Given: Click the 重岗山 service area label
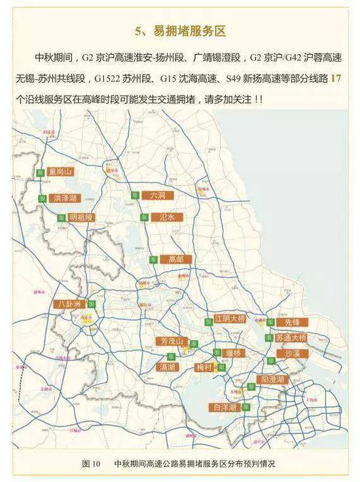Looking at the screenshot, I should click(60, 172).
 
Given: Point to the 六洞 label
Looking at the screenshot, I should click(158, 196).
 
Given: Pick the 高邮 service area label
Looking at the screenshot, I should click(175, 259).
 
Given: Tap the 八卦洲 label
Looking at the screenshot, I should click(69, 304).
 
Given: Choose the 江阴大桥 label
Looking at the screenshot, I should click(230, 318).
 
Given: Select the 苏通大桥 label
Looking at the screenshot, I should click(291, 338).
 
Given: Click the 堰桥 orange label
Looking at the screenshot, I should click(233, 353).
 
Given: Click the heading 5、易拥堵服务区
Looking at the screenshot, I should click(180, 31).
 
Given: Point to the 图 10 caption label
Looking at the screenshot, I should click(91, 464).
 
